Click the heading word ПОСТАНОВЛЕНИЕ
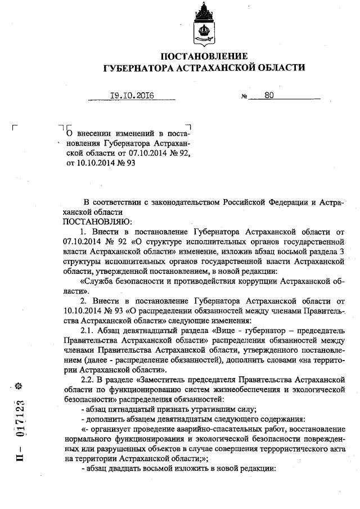coord(204,56)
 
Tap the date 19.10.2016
coord(124,96)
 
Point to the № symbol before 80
coord(245,97)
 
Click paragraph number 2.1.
coord(89,328)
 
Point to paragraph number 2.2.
coord(89,380)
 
